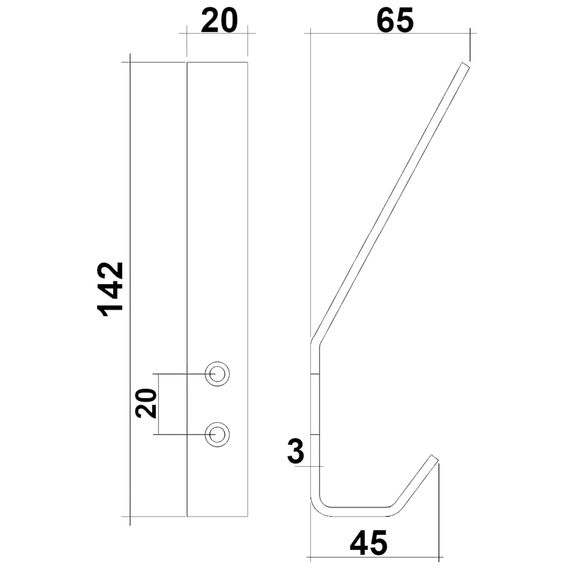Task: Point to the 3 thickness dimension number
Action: (295, 451)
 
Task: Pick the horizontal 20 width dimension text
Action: (218, 21)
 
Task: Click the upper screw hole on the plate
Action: (217, 373)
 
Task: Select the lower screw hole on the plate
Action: (217, 433)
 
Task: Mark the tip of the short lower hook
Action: (435, 459)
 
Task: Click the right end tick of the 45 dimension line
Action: (438, 556)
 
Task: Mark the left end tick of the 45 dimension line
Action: (311, 556)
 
